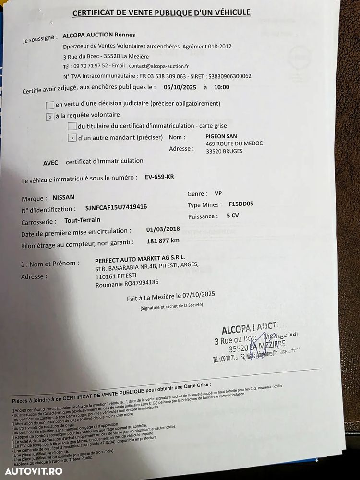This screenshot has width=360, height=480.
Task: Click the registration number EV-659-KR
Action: [x=159, y=177]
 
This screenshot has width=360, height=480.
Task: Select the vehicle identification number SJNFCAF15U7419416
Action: [x=116, y=207]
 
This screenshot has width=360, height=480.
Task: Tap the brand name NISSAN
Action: [x=63, y=197]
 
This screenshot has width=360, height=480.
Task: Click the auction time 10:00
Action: [x=222, y=87]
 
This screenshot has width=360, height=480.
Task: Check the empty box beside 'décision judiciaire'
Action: [x=50, y=105]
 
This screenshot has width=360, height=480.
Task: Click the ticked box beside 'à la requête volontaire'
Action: [x=50, y=117]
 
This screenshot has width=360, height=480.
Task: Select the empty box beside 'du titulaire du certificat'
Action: [x=72, y=126]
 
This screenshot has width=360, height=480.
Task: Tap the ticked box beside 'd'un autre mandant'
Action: [x=72, y=138]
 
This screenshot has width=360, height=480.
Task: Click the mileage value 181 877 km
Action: [x=163, y=241]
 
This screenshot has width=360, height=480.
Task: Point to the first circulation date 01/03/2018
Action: [x=163, y=229]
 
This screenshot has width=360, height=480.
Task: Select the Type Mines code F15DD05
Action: [x=241, y=204]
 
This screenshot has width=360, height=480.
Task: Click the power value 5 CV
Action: [x=232, y=216]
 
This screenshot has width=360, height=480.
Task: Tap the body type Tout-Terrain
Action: [x=83, y=220]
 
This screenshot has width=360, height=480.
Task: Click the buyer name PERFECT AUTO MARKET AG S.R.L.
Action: [x=140, y=258]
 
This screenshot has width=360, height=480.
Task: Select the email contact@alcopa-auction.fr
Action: [x=158, y=66]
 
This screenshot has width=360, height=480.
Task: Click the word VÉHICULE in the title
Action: [x=229, y=13]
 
